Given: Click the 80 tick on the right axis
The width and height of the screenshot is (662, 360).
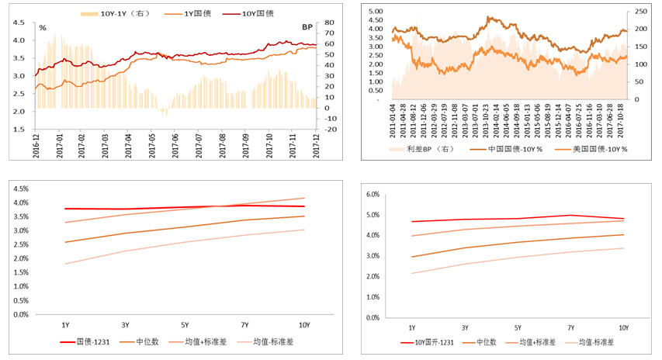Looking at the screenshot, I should (330, 22).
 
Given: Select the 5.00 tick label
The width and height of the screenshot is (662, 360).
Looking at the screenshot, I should (376, 12).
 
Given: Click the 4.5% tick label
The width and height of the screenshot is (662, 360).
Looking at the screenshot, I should (19, 189).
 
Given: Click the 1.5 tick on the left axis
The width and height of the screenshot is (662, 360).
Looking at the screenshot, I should (18, 130).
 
